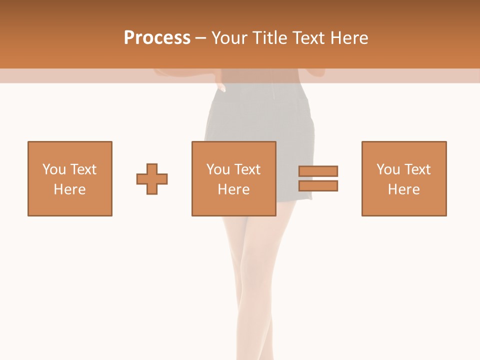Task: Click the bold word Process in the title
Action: coord(157,38)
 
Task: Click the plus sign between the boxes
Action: coord(152,178)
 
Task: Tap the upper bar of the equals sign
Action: coord(318,171)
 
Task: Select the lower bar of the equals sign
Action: coord(318,185)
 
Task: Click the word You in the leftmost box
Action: coord(54,169)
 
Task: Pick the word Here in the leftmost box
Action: coord(69,189)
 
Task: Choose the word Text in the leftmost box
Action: coord(82,169)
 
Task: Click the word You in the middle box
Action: coord(218,169)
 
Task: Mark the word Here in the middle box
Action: coord(233,189)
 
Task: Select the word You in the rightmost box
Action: coord(388,169)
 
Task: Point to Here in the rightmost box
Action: coord(403,189)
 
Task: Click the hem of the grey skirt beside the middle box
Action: coord(295,200)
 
